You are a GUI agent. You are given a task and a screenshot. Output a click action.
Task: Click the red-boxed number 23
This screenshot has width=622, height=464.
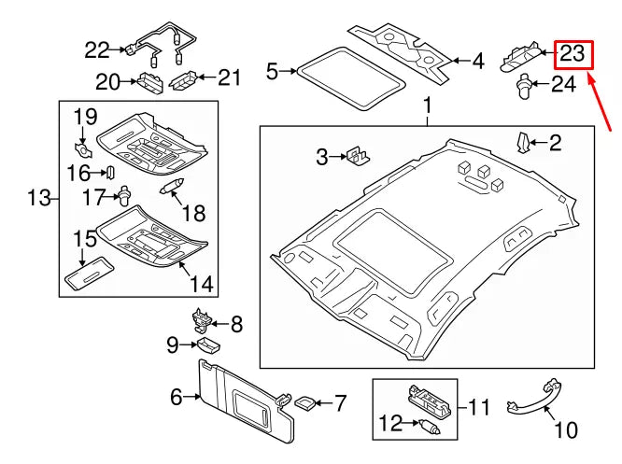pyautogui.click(x=572, y=55)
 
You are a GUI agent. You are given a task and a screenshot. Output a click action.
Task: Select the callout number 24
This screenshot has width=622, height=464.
pyautogui.click(x=564, y=86)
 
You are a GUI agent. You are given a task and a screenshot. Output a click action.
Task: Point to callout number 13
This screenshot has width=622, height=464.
pyautogui.click(x=37, y=197)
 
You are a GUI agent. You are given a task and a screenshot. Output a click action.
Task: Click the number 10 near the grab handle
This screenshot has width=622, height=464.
pyautogui.click(x=567, y=430)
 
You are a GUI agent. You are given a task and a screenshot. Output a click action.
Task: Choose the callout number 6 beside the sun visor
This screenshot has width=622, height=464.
pyautogui.click(x=176, y=399)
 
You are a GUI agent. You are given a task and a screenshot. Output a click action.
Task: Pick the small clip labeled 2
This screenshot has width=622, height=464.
pyautogui.click(x=524, y=142)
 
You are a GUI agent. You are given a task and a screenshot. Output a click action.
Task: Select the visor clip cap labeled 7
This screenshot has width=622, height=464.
pyautogui.click(x=304, y=402)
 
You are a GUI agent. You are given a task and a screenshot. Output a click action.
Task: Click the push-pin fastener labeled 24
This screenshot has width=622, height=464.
pyautogui.click(x=524, y=87)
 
